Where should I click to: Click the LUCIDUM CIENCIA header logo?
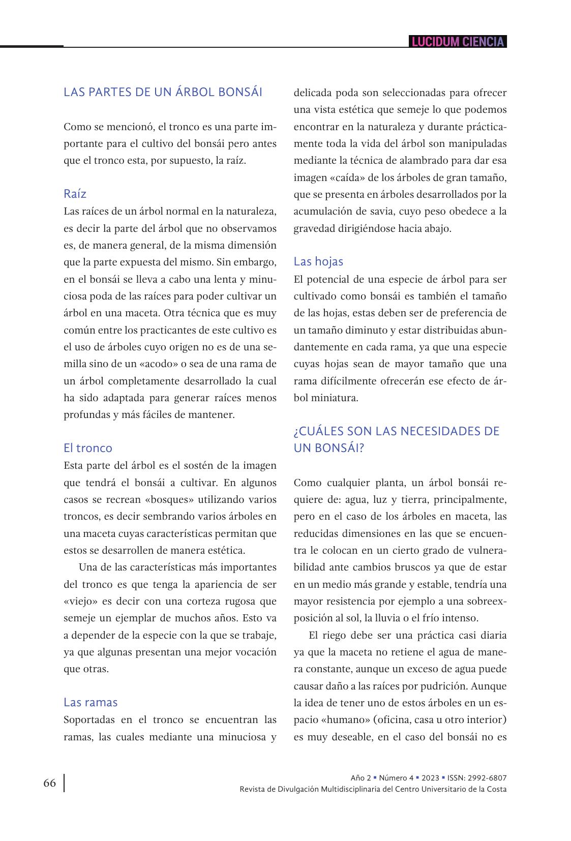458,42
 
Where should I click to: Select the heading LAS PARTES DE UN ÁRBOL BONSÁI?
163,93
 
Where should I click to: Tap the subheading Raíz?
75,194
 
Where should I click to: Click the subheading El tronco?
87,448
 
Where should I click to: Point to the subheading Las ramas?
90,702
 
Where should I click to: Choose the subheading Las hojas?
318,261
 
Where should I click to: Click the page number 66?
49,783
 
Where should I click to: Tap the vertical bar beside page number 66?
64,783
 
